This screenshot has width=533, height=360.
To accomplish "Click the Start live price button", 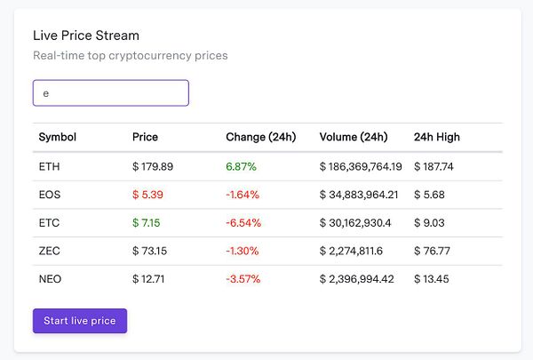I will coord(80,321).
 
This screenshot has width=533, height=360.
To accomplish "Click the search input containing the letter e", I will coord(110,92).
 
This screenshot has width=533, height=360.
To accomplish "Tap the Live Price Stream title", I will coord(86,36).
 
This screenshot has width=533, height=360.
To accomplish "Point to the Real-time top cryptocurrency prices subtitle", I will coord(131,56).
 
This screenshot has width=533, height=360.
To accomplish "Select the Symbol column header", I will coord(58,137).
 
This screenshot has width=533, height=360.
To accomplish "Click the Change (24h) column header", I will coord(261,137).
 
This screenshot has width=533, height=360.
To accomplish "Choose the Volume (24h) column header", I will coord(354,137).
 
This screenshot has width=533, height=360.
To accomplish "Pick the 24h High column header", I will coord(437,137).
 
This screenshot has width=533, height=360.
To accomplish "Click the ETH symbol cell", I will coord(50,166).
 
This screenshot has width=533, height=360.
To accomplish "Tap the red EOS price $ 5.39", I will coord(147,195).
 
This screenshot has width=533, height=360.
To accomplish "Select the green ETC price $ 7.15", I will coord(147,223).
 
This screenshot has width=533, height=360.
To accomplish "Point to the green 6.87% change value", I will coord(242,166).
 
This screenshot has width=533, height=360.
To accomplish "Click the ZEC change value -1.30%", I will coord(243,251).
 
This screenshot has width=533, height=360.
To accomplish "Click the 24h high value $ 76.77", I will coord(433,251).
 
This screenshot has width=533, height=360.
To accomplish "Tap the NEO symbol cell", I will coord(50,279).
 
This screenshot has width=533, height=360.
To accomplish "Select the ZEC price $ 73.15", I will coord(150,251).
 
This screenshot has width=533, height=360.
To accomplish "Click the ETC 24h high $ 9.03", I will coord(429,223).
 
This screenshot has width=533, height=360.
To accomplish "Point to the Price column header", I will coord(145,137).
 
